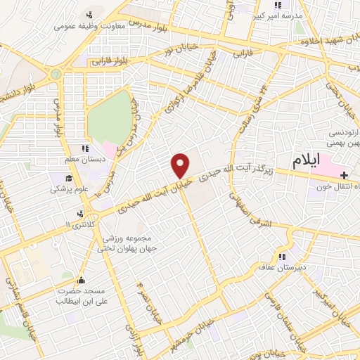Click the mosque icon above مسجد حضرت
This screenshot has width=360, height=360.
coord(82,278)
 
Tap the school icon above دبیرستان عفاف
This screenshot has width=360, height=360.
coord(283,257)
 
